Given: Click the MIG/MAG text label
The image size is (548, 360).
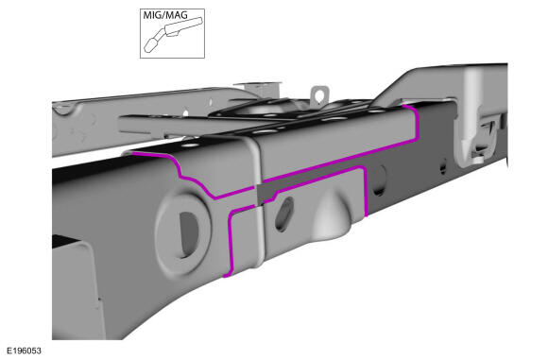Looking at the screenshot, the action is point(165,15).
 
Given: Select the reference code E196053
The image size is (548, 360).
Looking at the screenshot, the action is point(24,351).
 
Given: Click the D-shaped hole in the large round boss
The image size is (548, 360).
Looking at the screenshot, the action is point(189,235).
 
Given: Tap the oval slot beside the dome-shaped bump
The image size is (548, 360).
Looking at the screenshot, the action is point(284,214).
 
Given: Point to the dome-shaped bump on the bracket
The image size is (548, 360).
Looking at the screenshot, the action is point(332,213).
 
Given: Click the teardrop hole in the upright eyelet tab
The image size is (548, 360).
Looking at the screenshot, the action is point(318,94).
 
